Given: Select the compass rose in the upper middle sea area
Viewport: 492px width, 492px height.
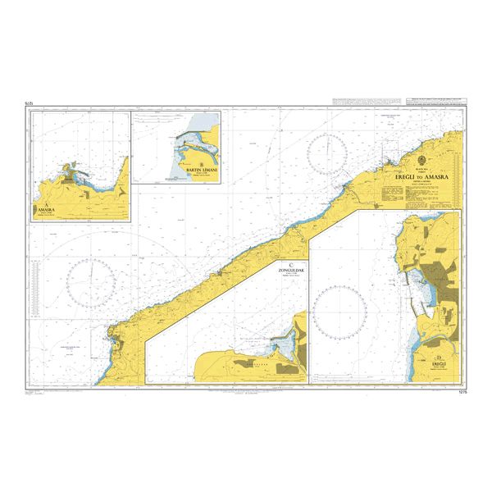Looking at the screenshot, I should [x=327, y=153].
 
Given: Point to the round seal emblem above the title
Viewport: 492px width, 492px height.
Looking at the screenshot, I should [x=421, y=159].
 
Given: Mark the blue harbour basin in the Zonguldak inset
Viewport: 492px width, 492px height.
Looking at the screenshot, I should [x=284, y=339].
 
